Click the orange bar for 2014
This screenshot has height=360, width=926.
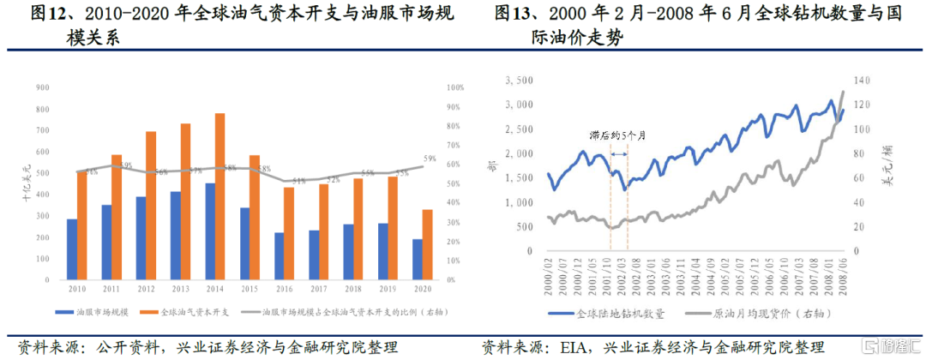coord(220,196)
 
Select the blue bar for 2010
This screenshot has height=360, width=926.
coord(72,249)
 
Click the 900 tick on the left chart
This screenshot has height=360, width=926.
coord(41,87)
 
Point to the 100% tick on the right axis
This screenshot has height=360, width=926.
coord(455,87)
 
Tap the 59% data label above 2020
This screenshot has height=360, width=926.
coord(430,159)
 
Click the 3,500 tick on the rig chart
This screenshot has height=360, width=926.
coord(520,81)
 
